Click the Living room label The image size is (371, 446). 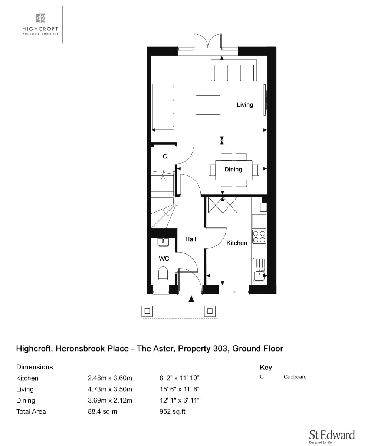[x=245, y=105]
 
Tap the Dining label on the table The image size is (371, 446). [x=233, y=169]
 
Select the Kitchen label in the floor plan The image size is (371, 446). [x=237, y=243]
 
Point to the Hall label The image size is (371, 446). [x=191, y=239]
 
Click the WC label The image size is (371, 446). [x=164, y=258]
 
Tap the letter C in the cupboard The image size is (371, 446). [x=165, y=156]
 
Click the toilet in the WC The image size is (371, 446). [x=163, y=273]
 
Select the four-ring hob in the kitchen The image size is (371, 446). [x=259, y=237]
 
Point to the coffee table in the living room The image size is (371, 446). [x=208, y=105]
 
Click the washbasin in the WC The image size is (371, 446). [x=163, y=242]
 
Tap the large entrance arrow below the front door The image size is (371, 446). [x=191, y=299]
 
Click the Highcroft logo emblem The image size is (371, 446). [x=40, y=18]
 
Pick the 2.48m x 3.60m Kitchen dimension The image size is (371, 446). [x=110, y=378]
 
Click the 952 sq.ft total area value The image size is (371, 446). [x=172, y=411]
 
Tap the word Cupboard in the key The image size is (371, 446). [x=295, y=377]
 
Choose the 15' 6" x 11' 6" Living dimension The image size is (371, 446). [x=180, y=389]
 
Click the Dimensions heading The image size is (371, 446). [x=35, y=367]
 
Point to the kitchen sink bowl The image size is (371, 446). [x=259, y=276]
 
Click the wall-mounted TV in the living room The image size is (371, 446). [x=265, y=100]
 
